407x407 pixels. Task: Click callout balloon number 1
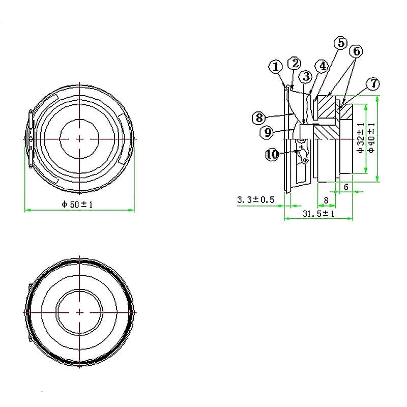coord(275,67)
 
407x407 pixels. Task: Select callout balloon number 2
coord(294,63)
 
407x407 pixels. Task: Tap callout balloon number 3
coord(305,77)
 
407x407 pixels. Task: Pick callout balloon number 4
coord(321,66)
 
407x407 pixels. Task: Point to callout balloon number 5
coord(340,43)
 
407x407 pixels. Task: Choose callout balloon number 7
coord(373,83)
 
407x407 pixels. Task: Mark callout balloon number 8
coord(258,118)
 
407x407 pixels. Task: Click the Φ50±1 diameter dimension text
coord(79,205)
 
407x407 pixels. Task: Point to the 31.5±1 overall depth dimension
coord(318,214)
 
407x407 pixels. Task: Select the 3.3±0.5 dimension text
coord(256,200)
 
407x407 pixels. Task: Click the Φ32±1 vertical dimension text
coord(361,138)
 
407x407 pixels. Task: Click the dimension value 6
coord(346,187)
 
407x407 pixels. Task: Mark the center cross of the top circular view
coord(80,138)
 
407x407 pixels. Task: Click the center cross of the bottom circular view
coord(80,311)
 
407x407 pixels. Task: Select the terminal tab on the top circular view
coord(30,138)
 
